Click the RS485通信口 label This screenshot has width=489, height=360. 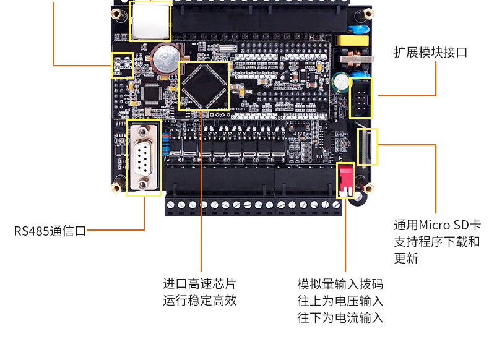(50, 231)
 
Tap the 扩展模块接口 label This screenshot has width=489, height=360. (430, 52)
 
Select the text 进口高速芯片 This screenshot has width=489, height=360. (199, 284)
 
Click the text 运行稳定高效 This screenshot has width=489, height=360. (199, 301)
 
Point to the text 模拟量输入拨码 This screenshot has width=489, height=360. (340, 284)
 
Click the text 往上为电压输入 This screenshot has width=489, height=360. (340, 301)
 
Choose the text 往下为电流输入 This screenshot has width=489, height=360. (340, 318)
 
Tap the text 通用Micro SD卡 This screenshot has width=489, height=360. (437, 225)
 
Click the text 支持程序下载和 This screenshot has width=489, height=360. (437, 241)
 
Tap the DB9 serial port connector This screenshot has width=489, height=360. (143, 157)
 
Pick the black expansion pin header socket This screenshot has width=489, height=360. (361, 98)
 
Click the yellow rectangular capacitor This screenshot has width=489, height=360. (352, 41)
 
